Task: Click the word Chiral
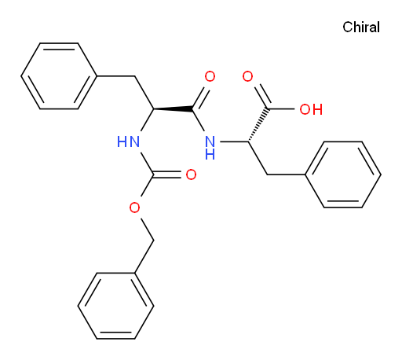click(361, 28)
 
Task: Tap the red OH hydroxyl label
click(311, 109)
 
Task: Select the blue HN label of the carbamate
click(128, 141)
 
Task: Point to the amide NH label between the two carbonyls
click(210, 147)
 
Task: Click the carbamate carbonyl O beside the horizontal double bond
click(191, 174)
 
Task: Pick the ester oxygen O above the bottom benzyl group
click(134, 208)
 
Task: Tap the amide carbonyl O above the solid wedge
click(210, 76)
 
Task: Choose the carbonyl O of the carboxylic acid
click(247, 76)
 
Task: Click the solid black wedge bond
click(174, 108)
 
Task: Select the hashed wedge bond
click(258, 125)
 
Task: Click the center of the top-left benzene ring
click(59, 76)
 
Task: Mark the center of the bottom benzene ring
click(115, 306)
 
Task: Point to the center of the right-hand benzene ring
click(343, 174)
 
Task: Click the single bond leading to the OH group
click(281, 108)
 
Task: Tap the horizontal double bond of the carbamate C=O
click(167, 174)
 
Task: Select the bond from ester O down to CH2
click(147, 229)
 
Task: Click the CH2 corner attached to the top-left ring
click(135, 76)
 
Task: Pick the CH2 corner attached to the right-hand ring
click(267, 174)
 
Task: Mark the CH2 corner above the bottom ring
click(153, 241)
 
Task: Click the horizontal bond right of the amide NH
click(234, 141)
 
